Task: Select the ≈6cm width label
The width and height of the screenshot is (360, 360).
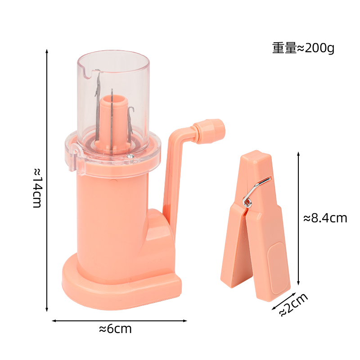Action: pos(115,329)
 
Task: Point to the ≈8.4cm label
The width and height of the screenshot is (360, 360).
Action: pos(325,218)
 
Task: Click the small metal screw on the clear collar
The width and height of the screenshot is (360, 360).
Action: pos(130,155)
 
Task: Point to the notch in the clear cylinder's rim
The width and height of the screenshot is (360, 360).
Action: pos(96,71)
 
